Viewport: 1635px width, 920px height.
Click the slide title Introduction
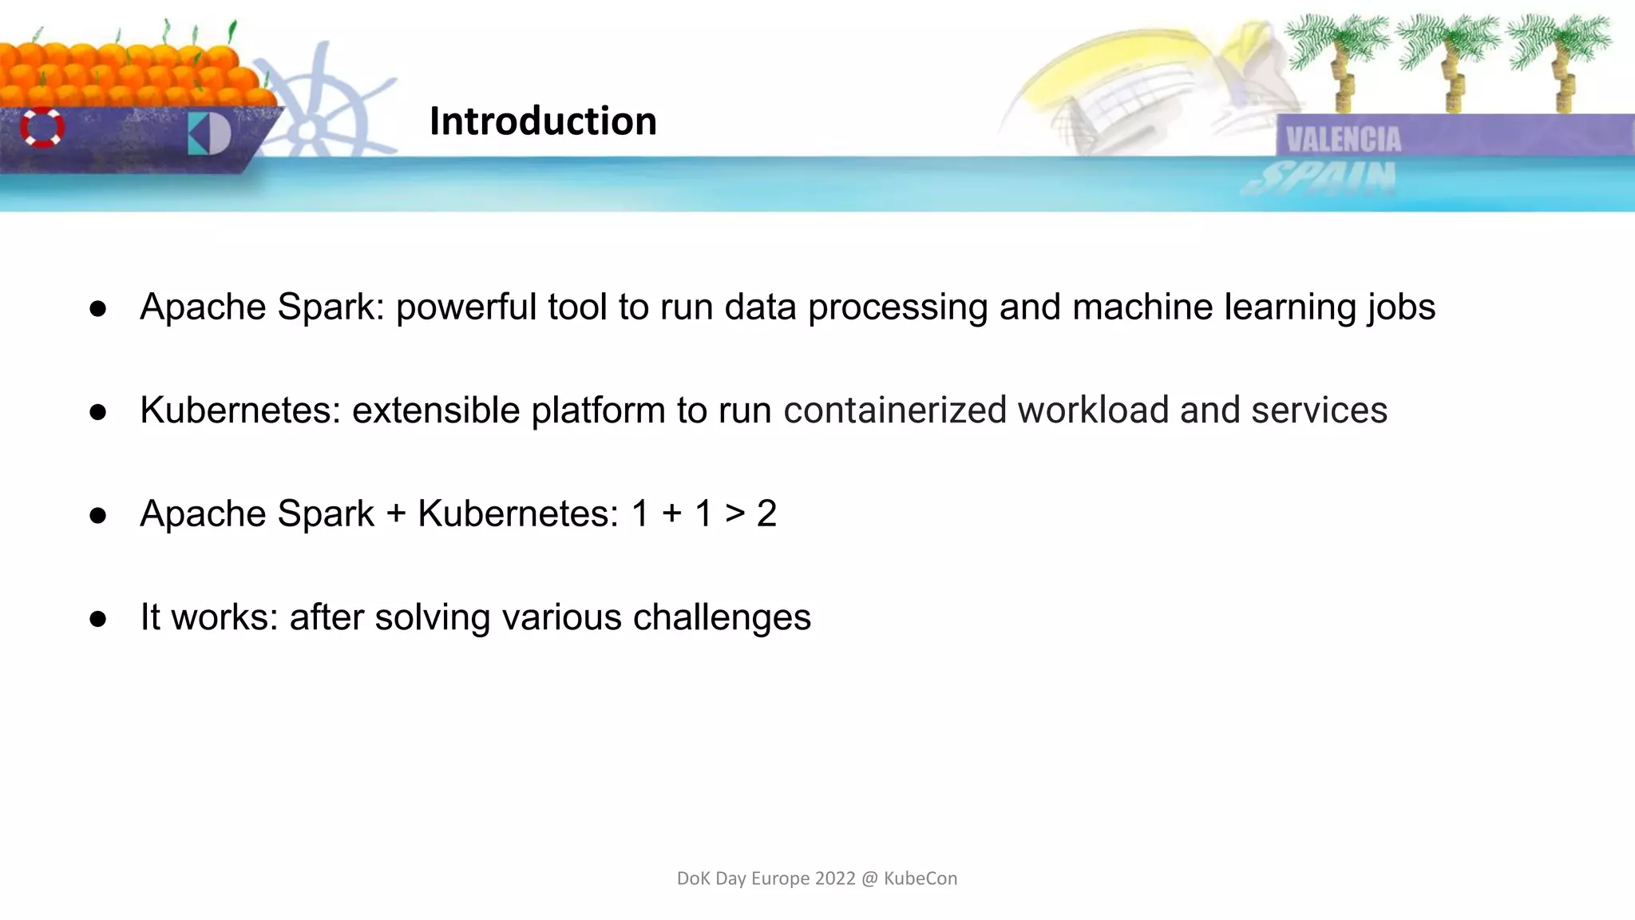coord(543,121)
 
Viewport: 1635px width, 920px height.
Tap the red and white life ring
coord(42,127)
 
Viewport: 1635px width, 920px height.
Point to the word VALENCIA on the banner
coord(1344,140)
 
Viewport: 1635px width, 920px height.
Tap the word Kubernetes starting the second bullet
coord(240,410)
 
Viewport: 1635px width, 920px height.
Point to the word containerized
coord(895,410)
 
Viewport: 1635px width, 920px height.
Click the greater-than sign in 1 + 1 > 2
coord(734,514)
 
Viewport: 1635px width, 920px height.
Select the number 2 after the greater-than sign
coord(766,514)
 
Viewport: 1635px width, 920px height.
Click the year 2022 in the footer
coord(835,878)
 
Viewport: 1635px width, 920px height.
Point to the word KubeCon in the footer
coord(920,878)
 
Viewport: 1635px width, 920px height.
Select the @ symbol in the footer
coord(869,878)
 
